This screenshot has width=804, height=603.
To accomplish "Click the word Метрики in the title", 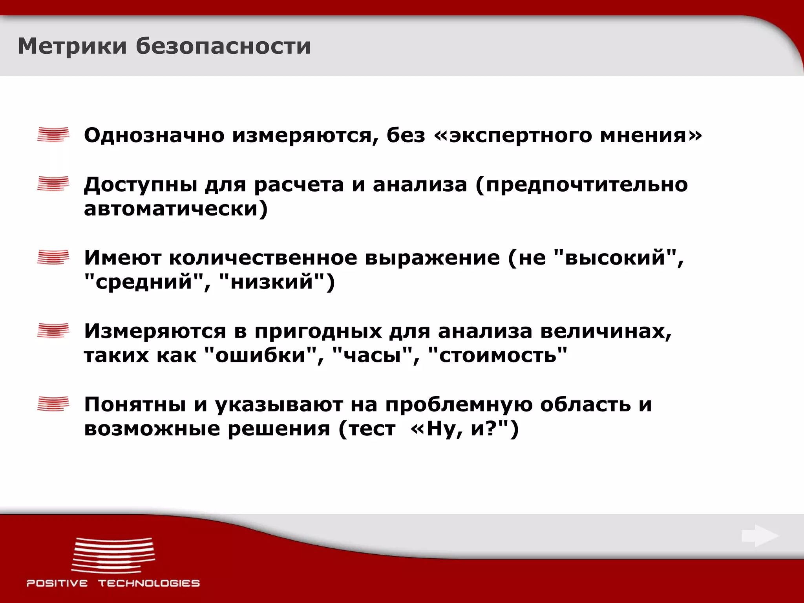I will [72, 46].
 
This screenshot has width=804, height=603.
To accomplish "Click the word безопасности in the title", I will [223, 46].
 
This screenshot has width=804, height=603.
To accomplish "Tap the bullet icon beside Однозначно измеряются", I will [53, 135].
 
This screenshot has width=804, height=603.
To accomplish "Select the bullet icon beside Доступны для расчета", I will [53, 184].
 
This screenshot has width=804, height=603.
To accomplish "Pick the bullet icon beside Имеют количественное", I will [53, 257].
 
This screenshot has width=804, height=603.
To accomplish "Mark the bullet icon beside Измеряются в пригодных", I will [53, 331].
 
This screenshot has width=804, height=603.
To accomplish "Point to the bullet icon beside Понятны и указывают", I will [53, 404].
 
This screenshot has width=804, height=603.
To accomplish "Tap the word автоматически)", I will [176, 208].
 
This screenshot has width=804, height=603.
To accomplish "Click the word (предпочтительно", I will [581, 185].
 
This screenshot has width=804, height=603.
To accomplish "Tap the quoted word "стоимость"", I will [497, 355].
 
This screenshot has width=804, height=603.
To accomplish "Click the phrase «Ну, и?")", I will [464, 429].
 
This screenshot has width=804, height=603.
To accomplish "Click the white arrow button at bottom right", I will [760, 536].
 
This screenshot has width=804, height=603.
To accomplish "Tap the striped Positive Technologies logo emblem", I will [113, 555].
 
